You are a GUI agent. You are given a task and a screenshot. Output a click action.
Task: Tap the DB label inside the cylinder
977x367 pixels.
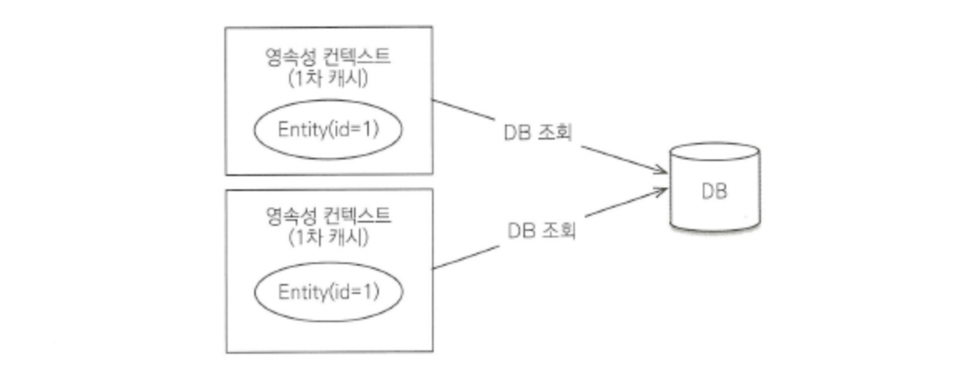714,193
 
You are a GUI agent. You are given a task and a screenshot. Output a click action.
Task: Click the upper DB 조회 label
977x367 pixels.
540,132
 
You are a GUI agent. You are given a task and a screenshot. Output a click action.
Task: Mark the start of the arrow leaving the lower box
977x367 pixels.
435,268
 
